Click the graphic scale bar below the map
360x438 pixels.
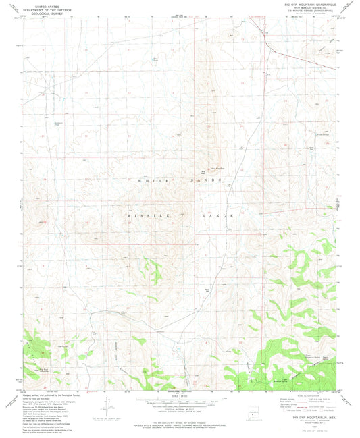pos(180,400)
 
